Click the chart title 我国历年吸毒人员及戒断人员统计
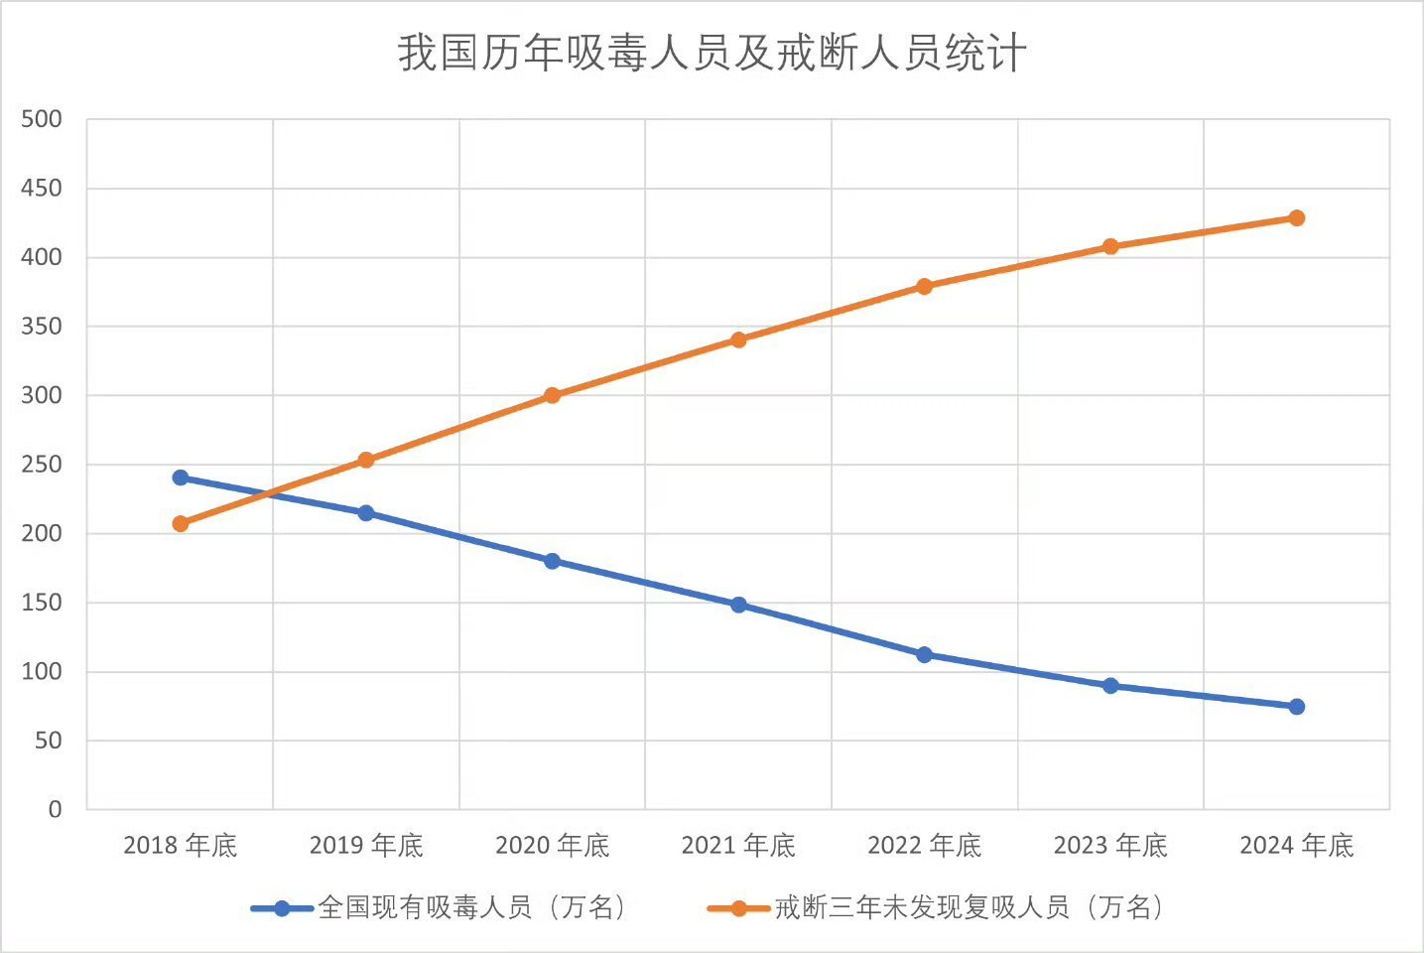tap(712, 53)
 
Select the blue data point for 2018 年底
tap(181, 477)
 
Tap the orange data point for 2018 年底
tap(181, 523)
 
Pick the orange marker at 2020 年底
tap(553, 395)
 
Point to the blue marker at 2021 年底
tap(738, 605)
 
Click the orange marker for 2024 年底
tap(1296, 217)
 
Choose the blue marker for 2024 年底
tap(1296, 707)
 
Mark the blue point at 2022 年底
tap(924, 654)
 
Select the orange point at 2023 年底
tap(1110, 246)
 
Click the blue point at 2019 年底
tap(366, 513)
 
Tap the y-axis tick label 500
tap(42, 119)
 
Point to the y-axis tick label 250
tap(42, 465)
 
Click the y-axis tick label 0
tap(55, 810)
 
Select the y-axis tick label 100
tap(42, 672)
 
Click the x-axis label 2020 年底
tap(552, 846)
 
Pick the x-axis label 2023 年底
tap(1110, 846)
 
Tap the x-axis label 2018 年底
tap(181, 846)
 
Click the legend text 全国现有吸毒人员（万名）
tap(472, 907)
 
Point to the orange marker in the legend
tap(738, 908)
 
